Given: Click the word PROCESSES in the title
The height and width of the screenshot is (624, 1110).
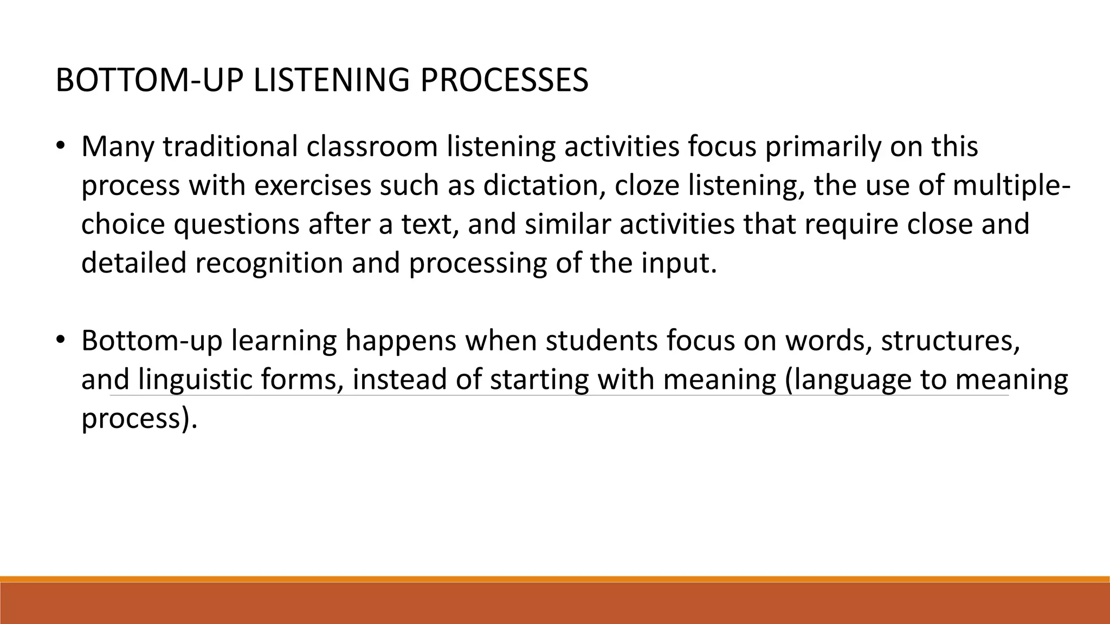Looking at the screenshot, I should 504,81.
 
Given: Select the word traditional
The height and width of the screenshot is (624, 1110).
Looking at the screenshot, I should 230,147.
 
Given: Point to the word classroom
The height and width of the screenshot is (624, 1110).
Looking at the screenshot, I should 372,147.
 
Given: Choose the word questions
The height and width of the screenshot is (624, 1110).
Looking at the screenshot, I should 236,224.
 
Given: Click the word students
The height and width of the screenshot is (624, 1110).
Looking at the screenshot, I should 602,341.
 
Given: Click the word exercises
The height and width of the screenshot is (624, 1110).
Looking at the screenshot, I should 313,186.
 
